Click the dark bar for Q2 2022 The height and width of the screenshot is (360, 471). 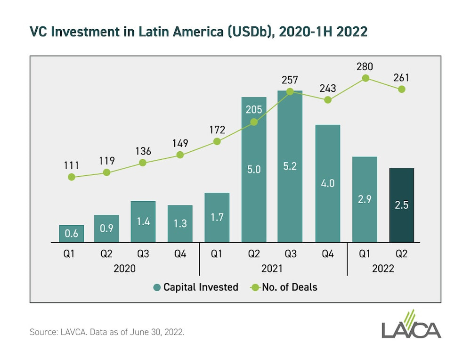coord(401,205)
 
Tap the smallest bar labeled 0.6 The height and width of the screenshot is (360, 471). coord(72,234)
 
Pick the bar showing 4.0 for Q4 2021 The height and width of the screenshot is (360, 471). coord(328,184)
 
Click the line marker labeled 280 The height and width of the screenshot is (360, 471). coord(365,78)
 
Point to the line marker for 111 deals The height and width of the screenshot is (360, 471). coord(72,177)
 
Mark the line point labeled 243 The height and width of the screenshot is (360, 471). coord(328,100)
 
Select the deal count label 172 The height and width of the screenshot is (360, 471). coord(217,130)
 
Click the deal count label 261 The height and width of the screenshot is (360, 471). coord(401,77)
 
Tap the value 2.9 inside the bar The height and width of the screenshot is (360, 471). coord(365,199)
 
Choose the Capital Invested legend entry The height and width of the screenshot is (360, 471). coord(195,287)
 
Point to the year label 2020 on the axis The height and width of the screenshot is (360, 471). coord(125,269)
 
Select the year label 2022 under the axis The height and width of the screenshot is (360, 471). coord(383,269)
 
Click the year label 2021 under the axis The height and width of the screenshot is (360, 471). coord(272,269)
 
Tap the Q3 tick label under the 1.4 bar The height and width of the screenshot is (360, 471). coord(143,254)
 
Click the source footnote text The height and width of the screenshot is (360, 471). coord(107,332)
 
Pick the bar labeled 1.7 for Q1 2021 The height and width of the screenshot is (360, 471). coord(217,218)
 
